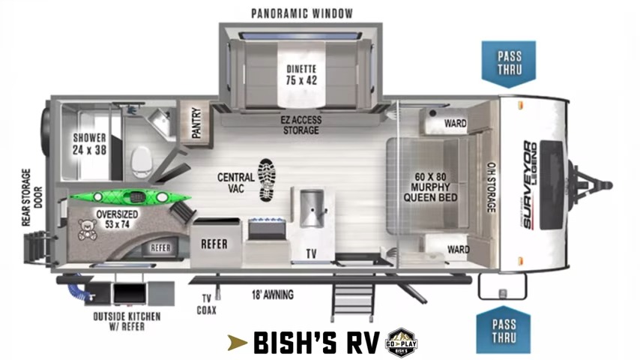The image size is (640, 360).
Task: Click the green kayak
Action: (x=130, y=197)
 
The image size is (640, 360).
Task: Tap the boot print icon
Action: (x=266, y=180)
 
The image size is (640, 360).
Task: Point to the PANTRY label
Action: (x=195, y=122)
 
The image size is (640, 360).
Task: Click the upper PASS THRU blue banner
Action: (x=508, y=63)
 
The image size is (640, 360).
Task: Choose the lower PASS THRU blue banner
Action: (x=503, y=331)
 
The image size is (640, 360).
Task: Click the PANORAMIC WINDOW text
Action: (x=302, y=13)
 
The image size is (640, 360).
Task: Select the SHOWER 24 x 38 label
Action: (x=89, y=143)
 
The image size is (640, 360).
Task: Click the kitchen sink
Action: (x=310, y=208)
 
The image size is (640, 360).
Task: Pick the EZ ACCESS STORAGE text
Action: (x=301, y=124)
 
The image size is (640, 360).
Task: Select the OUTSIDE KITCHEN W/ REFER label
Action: (x=127, y=322)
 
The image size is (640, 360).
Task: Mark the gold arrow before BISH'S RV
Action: (x=238, y=343)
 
